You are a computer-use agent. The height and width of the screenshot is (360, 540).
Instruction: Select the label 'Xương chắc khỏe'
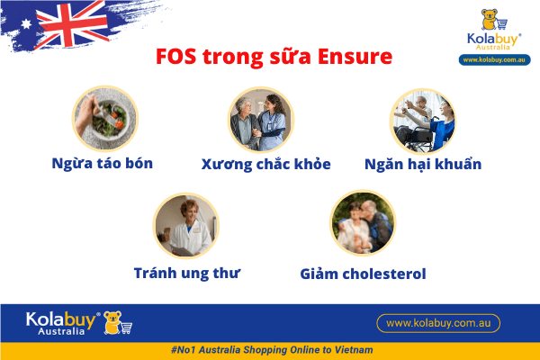point(266,164)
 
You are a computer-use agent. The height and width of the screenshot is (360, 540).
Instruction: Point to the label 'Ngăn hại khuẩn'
point(423,164)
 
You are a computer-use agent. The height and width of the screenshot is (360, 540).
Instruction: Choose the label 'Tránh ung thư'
point(187,272)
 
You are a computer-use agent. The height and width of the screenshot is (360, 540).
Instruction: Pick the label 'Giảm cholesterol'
point(363,273)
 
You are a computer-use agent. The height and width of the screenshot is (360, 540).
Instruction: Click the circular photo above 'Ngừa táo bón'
point(104,119)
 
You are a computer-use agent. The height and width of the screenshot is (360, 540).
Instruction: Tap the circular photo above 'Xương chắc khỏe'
point(261,119)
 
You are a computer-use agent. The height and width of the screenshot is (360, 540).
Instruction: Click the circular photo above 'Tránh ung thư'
point(186,226)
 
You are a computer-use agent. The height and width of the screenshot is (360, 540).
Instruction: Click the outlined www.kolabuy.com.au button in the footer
point(437,322)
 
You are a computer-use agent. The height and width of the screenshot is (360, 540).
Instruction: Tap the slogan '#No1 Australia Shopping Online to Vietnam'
point(270,349)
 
